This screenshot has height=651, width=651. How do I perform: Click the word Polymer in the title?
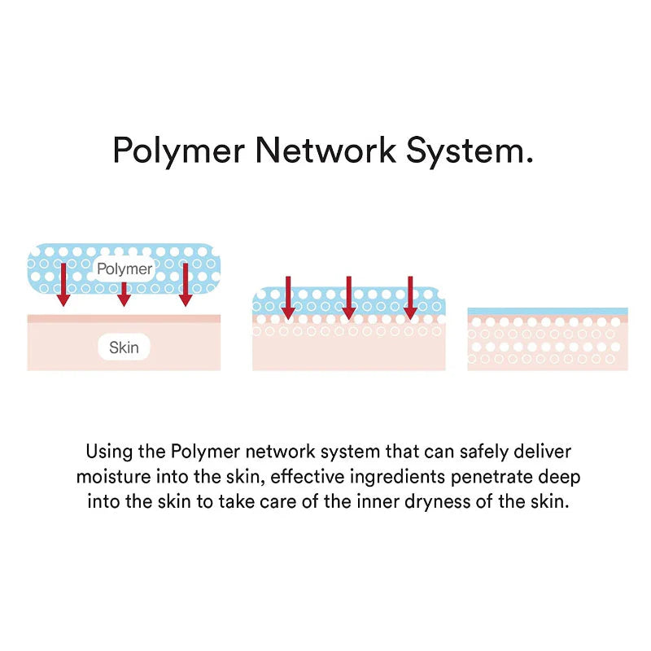(179, 151)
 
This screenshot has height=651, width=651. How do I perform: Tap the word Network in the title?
(325, 150)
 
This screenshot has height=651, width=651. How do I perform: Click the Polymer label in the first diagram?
(125, 269)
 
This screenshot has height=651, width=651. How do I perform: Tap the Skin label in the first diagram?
(124, 347)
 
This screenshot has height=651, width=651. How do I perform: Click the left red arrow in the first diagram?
(63, 284)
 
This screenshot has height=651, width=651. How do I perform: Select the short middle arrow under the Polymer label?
(124, 295)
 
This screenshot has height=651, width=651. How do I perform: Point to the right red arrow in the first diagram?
(186, 284)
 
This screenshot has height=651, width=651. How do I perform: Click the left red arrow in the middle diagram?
(288, 298)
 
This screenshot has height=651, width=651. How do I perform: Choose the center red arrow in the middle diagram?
(349, 298)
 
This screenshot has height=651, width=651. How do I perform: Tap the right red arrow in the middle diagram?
(410, 298)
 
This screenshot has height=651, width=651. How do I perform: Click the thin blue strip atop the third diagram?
(548, 311)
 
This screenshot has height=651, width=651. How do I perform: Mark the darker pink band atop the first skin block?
(124, 318)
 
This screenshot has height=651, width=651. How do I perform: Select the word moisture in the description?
(114, 477)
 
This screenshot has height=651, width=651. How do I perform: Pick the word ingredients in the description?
(398, 478)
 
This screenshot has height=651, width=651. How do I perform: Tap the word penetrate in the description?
(492, 478)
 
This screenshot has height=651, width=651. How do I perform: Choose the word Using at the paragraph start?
(110, 452)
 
